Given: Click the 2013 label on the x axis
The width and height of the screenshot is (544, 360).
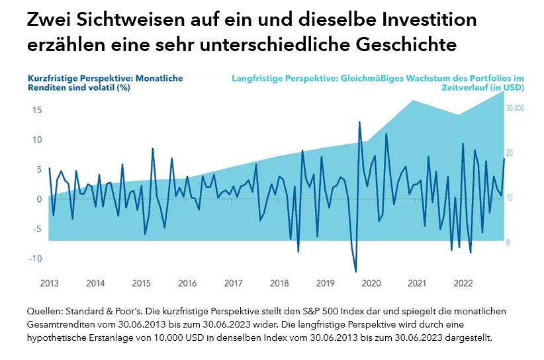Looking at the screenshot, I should click(49, 283).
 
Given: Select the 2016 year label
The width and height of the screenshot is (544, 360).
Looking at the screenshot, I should click(187, 283).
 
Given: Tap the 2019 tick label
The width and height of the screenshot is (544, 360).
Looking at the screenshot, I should click(325, 283).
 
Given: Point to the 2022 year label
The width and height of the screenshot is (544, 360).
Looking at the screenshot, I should click(463, 283).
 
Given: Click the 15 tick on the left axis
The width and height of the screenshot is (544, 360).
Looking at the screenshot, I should click(37, 110).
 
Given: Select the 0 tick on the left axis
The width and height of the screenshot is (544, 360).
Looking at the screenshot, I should click(40, 199).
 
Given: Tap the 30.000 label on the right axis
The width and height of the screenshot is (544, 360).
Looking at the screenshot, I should click(515, 108).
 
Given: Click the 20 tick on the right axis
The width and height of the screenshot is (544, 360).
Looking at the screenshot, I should click(510, 153).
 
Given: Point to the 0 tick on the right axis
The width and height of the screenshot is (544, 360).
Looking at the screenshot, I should click(508, 243).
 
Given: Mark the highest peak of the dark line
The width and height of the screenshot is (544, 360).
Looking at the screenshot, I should click(359, 122).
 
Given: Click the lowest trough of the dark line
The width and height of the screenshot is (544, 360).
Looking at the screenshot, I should click(356, 271).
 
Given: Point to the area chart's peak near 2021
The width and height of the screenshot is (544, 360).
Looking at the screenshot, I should click(413, 101).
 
